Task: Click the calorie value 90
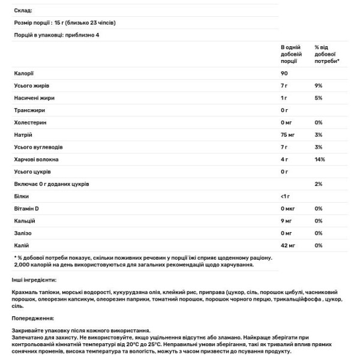point(284,73)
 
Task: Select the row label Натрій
point(23,135)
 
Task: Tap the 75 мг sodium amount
point(289,135)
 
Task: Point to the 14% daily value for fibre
point(319,160)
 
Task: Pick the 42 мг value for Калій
point(289,245)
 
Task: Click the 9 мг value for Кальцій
point(287,221)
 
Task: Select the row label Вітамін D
point(28,209)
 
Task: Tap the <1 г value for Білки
point(286,196)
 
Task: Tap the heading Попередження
point(32,318)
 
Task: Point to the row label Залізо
point(23,233)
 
